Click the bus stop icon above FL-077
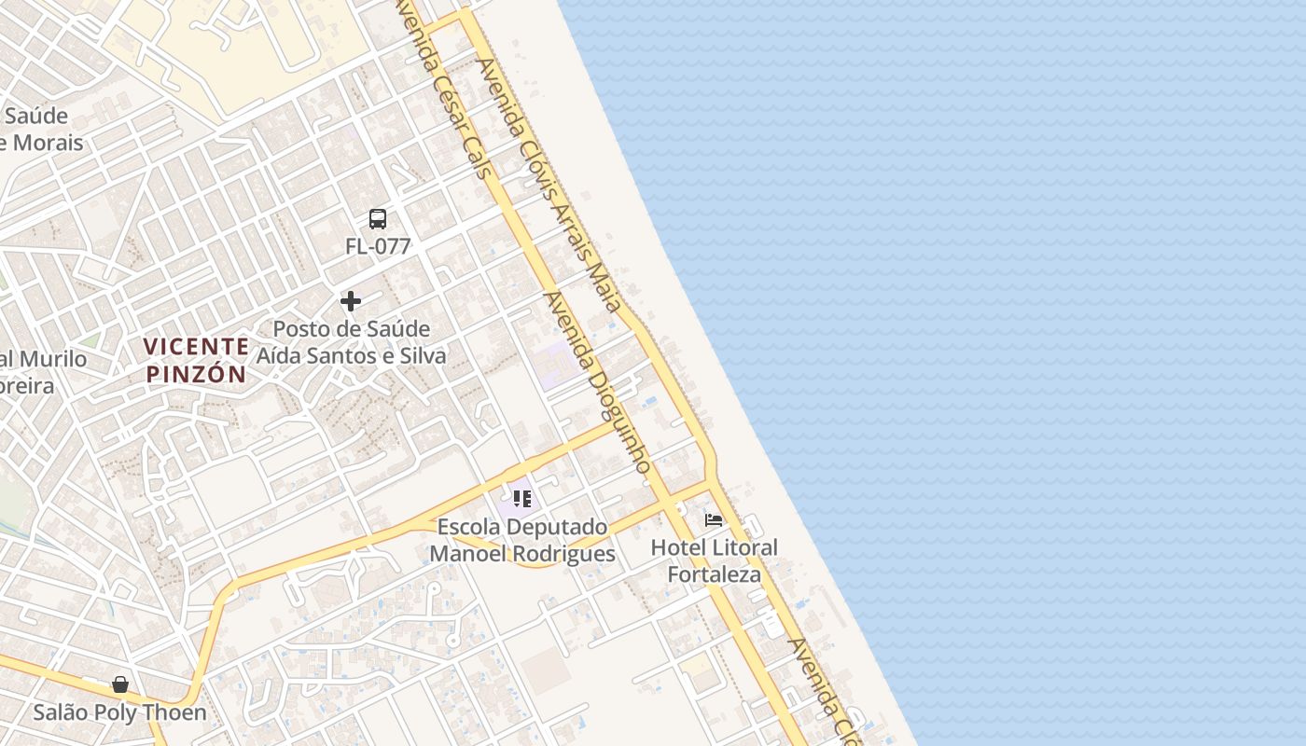[x=378, y=219]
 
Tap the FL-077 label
[x=378, y=247]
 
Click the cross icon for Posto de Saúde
[x=351, y=301]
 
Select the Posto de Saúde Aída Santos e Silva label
[x=351, y=342]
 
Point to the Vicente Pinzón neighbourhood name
[x=196, y=361]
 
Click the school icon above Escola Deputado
[x=522, y=499]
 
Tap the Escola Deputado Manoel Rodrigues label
[x=522, y=540]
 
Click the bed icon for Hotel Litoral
[x=714, y=519]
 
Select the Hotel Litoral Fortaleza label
[x=714, y=560]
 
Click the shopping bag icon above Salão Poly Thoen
[x=120, y=685]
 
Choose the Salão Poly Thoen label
[x=120, y=713]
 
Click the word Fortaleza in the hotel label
[x=714, y=574]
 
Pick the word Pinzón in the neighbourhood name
[x=196, y=375]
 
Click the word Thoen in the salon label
[x=177, y=713]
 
